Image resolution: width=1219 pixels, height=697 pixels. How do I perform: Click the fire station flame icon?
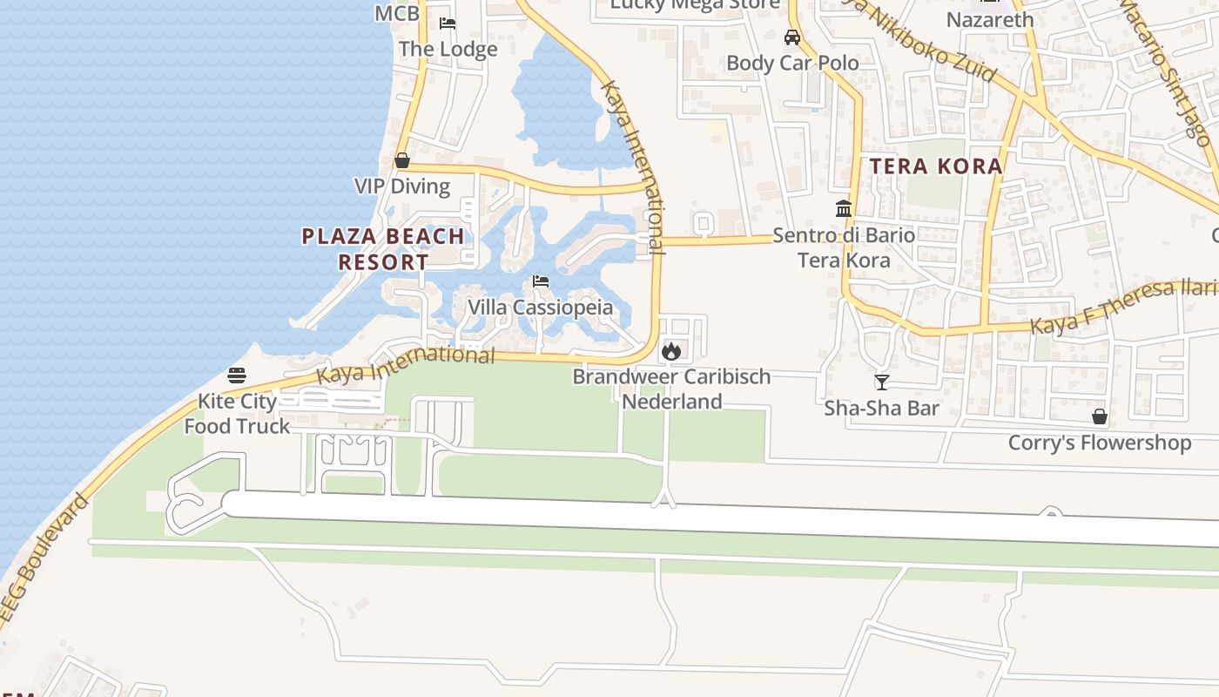click(x=670, y=351)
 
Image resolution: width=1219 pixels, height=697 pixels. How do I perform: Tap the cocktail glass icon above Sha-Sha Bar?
click(x=881, y=382)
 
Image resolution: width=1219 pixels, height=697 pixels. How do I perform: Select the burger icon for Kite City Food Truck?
click(x=237, y=376)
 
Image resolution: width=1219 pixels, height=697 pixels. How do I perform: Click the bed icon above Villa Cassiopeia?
click(x=541, y=281)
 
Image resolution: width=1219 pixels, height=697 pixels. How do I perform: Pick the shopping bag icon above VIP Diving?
click(x=402, y=160)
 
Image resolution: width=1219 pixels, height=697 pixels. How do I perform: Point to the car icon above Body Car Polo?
click(x=792, y=37)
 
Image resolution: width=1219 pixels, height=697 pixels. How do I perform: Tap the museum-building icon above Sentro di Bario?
click(x=844, y=209)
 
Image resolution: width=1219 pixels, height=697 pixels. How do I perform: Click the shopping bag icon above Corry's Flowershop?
click(x=1100, y=416)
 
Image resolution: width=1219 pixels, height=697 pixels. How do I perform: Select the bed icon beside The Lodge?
click(x=448, y=24)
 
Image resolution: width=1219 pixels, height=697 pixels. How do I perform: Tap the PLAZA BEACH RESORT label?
click(x=383, y=248)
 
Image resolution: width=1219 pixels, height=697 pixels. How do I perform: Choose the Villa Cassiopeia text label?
click(x=540, y=308)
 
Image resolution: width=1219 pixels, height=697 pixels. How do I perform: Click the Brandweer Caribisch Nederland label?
click(x=671, y=389)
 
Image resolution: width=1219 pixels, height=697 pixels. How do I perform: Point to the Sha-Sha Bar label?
click(x=881, y=408)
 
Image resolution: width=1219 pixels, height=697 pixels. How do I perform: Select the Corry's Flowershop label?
click(x=1099, y=443)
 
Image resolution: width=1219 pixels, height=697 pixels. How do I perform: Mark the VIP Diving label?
click(x=402, y=186)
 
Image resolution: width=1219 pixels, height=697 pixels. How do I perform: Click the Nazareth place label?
click(x=990, y=19)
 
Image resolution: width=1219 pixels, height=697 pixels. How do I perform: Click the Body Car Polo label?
click(x=792, y=63)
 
